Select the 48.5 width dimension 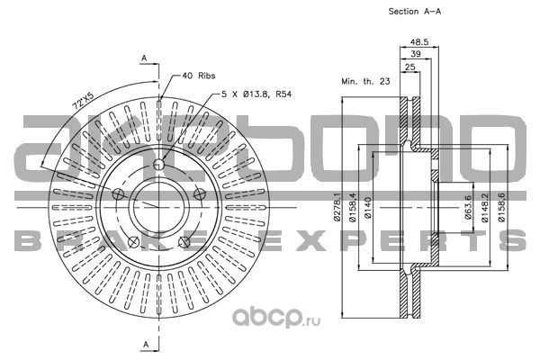418,41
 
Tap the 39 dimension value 417,54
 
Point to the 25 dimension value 409,67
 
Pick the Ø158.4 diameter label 352,206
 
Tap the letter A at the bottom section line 144,345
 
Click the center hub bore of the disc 158,202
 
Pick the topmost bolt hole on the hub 158,164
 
